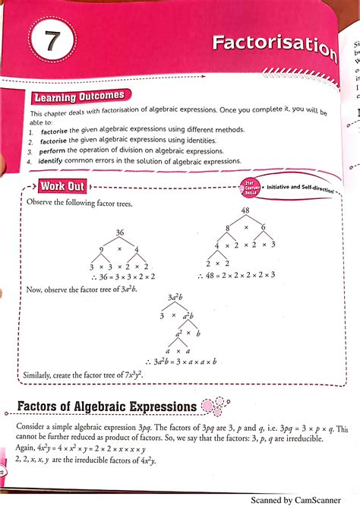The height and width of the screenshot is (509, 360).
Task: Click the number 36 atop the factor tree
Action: point(119,232)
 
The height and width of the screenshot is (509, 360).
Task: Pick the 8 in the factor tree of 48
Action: point(227,226)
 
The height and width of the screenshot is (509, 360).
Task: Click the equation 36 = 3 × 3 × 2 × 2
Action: point(125,279)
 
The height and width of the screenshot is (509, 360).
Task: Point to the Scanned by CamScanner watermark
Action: point(305,501)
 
